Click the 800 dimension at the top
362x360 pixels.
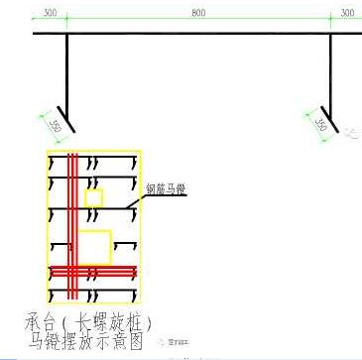tap(199, 14)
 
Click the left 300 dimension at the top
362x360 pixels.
tap(51, 14)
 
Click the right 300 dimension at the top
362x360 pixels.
tap(346, 14)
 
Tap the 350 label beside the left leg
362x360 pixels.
tap(56, 126)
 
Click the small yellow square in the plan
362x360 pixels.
tap(93, 198)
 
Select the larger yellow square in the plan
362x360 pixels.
tap(94, 246)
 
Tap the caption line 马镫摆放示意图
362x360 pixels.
tap(95, 341)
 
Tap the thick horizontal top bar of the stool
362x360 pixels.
tap(198, 35)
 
